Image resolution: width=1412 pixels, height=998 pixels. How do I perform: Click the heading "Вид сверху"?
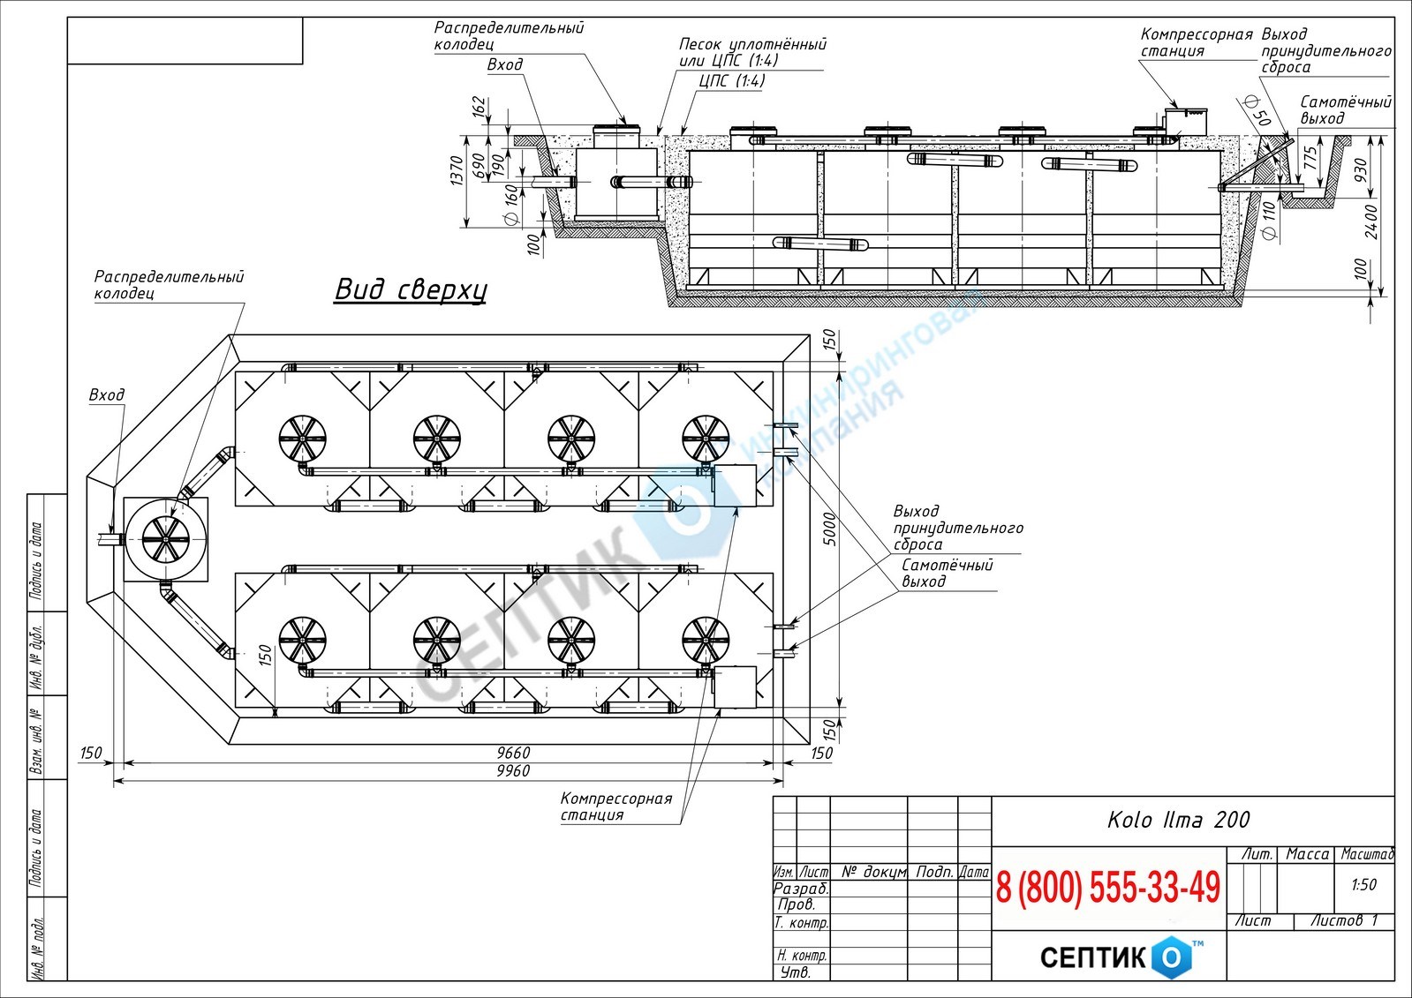[411, 290]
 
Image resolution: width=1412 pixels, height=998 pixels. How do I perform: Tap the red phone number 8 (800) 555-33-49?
[1108, 888]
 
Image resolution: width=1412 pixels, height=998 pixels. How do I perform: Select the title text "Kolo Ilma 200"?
[1179, 820]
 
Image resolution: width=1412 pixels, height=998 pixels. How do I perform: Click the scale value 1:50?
[1363, 884]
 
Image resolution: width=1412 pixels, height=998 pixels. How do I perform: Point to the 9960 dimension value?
[513, 771]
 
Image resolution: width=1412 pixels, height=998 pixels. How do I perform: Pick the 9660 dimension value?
[513, 753]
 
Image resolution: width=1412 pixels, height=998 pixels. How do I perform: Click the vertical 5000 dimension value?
[830, 529]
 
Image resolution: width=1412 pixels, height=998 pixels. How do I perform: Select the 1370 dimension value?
[457, 170]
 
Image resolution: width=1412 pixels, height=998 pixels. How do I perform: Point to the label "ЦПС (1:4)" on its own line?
[732, 80]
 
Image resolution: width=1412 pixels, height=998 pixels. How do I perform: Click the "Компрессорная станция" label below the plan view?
[615, 807]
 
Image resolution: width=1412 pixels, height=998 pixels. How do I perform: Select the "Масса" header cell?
[1308, 854]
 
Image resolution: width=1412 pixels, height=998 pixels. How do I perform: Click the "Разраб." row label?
[801, 889]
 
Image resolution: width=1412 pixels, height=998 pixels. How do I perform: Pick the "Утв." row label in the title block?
[795, 972]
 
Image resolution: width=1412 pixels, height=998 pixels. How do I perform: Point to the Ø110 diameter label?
[1269, 221]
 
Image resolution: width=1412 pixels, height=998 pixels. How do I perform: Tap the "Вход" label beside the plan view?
[107, 395]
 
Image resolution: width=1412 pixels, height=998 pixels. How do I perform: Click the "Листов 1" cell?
[1343, 921]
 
